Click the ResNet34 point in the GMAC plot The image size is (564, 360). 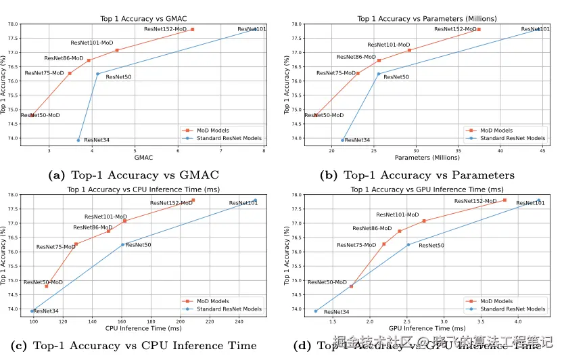pyautogui.click(x=78, y=140)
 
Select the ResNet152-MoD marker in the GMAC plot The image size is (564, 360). pyautogui.click(x=192, y=29)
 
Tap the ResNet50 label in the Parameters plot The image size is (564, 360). pyautogui.click(x=396, y=77)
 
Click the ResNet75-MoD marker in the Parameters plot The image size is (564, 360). pyautogui.click(x=358, y=73)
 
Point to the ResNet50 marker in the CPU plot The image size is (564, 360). pyautogui.click(x=122, y=244)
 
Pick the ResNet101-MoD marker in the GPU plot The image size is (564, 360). pyautogui.click(x=424, y=221)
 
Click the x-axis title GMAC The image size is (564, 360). pyautogui.click(x=143, y=158)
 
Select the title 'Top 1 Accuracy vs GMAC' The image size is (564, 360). pyautogui.click(x=143, y=18)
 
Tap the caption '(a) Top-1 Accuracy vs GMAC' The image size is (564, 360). pyautogui.click(x=135, y=175)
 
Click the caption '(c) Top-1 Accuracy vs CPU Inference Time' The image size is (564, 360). pyautogui.click(x=135, y=346)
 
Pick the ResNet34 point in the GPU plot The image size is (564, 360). pyautogui.click(x=316, y=311)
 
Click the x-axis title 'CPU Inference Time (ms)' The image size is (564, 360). pyautogui.click(x=143, y=328)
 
